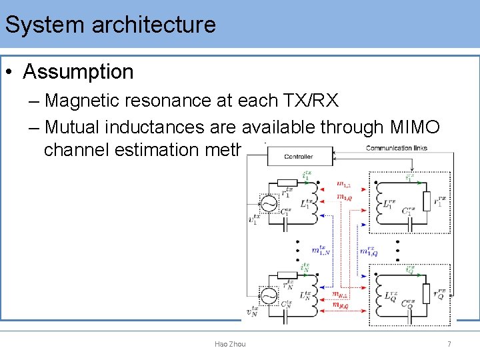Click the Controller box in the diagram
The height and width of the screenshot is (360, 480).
[298, 157]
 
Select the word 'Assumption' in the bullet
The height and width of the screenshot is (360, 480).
[78, 71]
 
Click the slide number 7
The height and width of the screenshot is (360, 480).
[449, 344]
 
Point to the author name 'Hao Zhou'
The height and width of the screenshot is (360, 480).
[230, 344]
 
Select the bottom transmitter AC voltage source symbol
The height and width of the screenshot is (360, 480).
[269, 295]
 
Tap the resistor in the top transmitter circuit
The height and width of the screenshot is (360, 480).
[287, 182]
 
